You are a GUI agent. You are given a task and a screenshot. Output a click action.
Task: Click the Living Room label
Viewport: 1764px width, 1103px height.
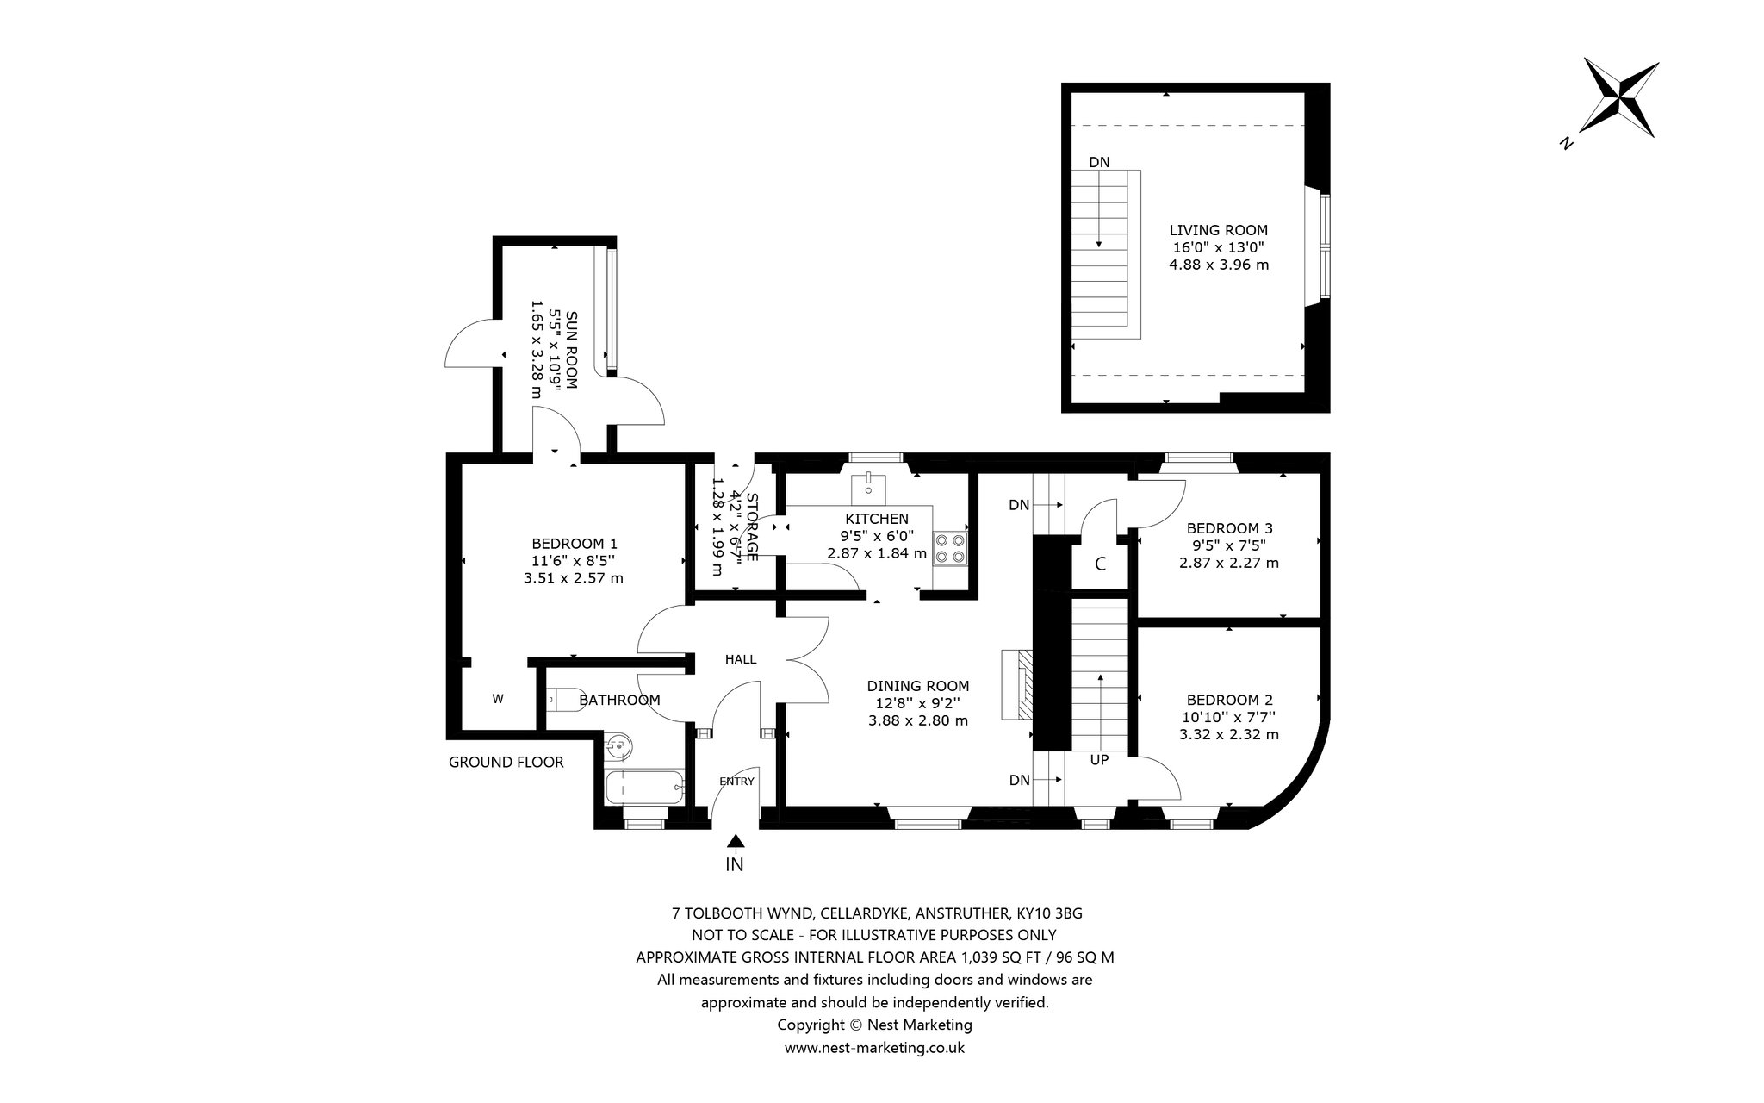tap(1218, 230)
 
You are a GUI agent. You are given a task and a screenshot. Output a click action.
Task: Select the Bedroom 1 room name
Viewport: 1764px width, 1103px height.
tap(574, 544)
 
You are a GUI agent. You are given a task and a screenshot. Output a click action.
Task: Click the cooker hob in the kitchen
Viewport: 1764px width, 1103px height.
tap(950, 548)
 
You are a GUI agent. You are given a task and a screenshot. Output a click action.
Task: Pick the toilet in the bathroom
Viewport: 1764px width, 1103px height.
tap(565, 699)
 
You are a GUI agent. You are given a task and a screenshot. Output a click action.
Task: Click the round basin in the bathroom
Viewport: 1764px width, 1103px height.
tap(617, 747)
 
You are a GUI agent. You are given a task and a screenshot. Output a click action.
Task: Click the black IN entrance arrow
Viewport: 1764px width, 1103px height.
tap(736, 841)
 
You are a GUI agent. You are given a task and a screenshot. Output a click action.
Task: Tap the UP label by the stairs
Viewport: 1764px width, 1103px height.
tap(1099, 760)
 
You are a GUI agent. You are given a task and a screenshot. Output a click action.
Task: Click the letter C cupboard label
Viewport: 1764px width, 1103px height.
tap(1100, 565)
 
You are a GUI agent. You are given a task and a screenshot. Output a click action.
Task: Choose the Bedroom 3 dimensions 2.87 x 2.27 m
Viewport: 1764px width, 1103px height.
tap(1228, 563)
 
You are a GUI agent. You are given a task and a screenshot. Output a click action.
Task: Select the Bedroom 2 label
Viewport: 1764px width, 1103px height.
tap(1229, 700)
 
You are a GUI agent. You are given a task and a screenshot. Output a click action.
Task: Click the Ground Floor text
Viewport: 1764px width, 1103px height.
tap(506, 762)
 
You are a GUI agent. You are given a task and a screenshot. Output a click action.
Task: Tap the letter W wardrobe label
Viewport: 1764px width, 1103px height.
tap(497, 699)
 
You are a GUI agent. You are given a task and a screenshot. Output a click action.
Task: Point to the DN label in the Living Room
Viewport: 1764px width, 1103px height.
tap(1099, 162)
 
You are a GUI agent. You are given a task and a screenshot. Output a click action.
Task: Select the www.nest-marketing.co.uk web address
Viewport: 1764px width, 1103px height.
tap(874, 1048)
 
